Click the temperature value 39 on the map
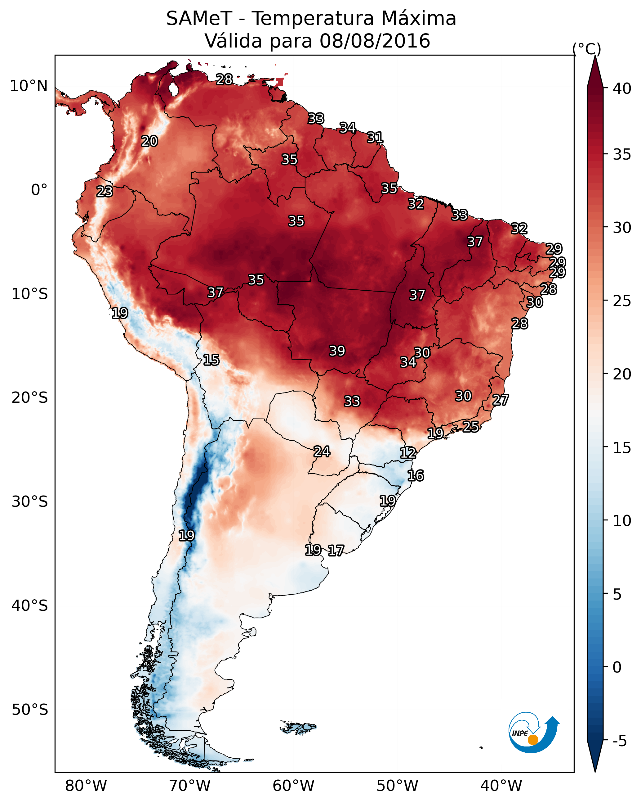pos(337,351)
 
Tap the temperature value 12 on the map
pos(408,453)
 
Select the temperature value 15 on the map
pos(211,360)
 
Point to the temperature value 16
pos(415,476)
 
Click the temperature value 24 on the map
pos(322,452)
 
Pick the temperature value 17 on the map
pos(336,551)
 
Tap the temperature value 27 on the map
pos(501,400)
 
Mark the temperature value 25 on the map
pos(471,426)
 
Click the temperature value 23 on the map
pos(105,192)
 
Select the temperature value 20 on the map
pos(149,141)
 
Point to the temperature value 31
pos(375,138)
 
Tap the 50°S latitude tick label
pos(30,710)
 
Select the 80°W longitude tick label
pos(86,786)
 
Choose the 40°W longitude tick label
pos(501,786)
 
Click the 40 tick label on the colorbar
pos(622,88)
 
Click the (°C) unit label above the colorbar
pos(587,49)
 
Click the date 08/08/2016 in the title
pos(375,41)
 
